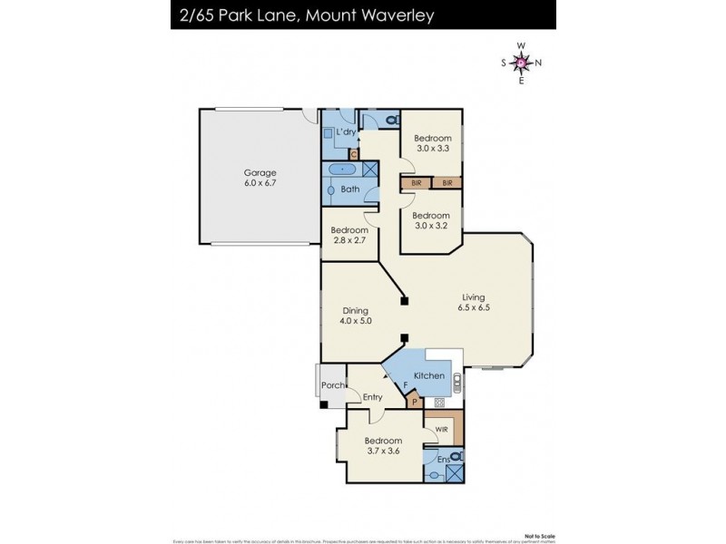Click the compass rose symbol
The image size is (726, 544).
pos(522,63)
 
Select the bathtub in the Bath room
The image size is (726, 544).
pos(342,170)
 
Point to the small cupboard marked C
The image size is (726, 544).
pos(354,154)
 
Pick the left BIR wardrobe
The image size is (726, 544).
pos(417,183)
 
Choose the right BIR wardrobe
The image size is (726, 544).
pos(446,183)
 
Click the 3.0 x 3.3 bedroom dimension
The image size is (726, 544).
pos(433,148)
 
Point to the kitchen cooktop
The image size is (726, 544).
pos(439,402)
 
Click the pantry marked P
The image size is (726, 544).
pos(415,400)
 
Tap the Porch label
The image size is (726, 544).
pos(331,386)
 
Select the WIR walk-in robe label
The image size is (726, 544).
pos(443,427)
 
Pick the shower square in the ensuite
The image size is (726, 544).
pos(455,471)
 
